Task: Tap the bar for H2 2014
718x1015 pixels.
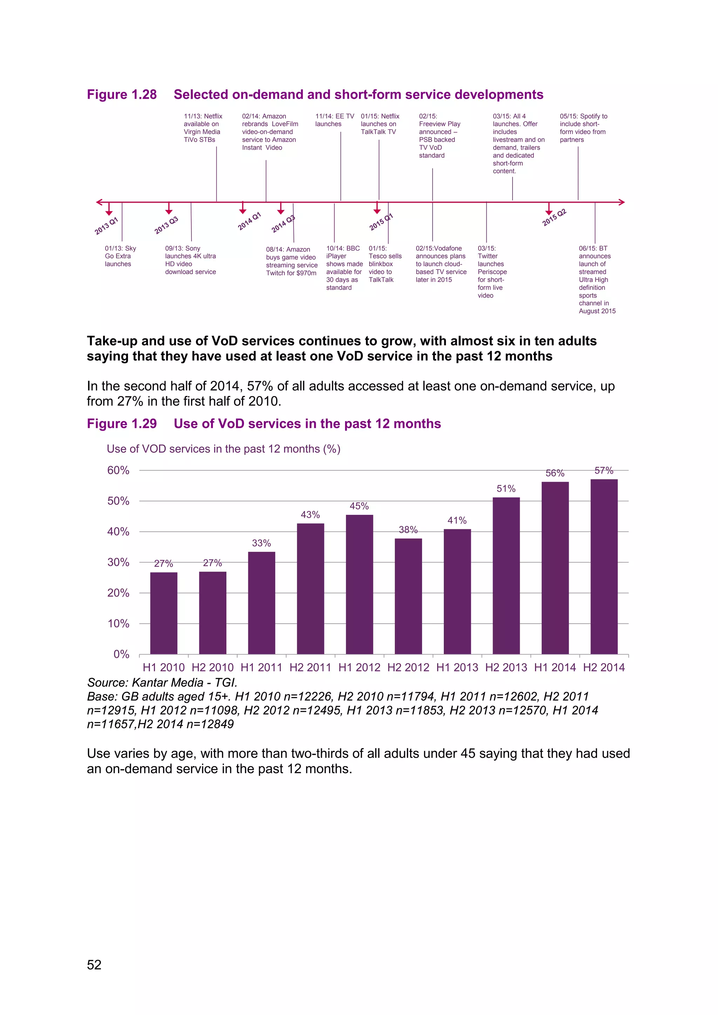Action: [x=604, y=566]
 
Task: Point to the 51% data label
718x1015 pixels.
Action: [x=506, y=489]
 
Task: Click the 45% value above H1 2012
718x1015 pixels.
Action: [x=359, y=506]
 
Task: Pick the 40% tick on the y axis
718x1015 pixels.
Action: [x=118, y=532]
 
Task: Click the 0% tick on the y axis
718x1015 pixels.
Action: [x=121, y=654]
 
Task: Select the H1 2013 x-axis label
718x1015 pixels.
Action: [x=457, y=668]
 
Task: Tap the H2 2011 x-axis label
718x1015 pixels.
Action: [x=310, y=668]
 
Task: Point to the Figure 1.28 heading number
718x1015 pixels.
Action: [x=122, y=95]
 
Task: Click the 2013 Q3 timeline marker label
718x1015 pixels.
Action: [x=166, y=225]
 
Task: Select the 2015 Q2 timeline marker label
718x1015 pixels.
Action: [x=554, y=218]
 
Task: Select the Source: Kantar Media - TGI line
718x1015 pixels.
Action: [x=162, y=682]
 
